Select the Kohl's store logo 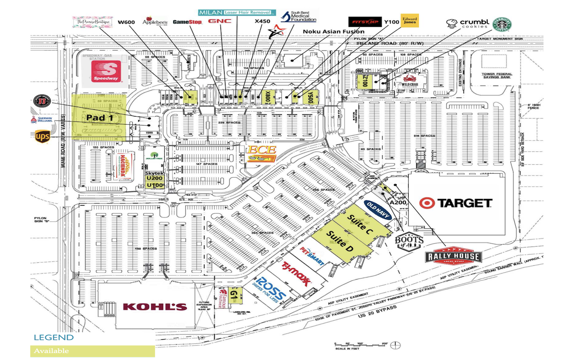pyautogui.click(x=155, y=307)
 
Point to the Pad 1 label pyautogui.click(x=99, y=117)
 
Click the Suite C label pyautogui.click(x=360, y=224)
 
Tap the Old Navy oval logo pyautogui.click(x=377, y=210)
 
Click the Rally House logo pyautogui.click(x=454, y=256)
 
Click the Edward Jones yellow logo pyautogui.click(x=410, y=21)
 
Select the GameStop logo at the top pyautogui.click(x=187, y=22)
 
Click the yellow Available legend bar pyautogui.click(x=92, y=351)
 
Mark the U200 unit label pyautogui.click(x=154, y=179)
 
